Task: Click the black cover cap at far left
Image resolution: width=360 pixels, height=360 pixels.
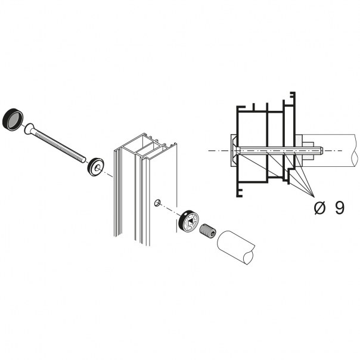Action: (x=13, y=119)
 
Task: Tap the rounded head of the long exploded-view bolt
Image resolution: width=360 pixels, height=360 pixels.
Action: (x=29, y=129)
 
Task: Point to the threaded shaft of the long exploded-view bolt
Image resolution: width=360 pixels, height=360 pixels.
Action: (x=58, y=145)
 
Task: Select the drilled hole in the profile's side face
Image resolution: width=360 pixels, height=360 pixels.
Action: (x=158, y=203)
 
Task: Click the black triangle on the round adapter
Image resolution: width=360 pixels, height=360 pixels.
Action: (x=191, y=223)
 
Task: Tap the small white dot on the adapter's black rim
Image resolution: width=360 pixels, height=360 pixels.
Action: (x=185, y=215)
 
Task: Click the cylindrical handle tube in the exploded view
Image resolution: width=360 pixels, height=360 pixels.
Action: (x=236, y=247)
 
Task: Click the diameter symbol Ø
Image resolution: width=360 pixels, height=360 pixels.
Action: (x=319, y=209)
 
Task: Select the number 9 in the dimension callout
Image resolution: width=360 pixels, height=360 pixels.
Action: (x=340, y=208)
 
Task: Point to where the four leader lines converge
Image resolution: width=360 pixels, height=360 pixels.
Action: (x=314, y=197)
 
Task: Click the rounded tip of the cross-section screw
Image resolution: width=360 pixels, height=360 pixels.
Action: (x=322, y=151)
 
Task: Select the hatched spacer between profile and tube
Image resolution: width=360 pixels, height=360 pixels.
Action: (x=299, y=151)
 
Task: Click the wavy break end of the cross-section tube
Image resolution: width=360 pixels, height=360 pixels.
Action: (x=355, y=151)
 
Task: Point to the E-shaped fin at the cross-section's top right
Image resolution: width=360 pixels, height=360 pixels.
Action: (x=293, y=98)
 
